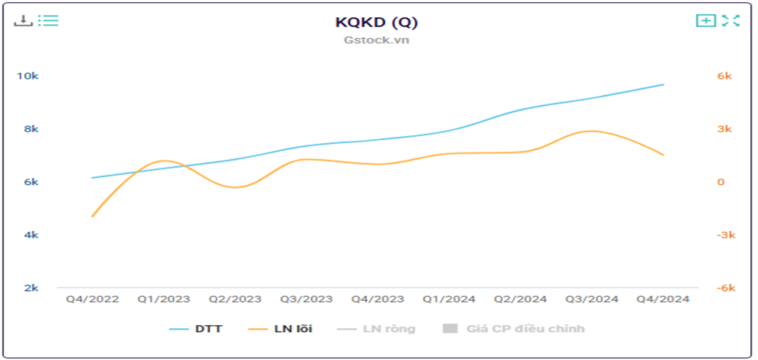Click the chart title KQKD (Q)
[x=376, y=22]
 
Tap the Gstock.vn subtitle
[x=376, y=40]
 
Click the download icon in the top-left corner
[x=23, y=20]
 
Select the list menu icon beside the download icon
[x=48, y=20]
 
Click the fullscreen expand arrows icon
[x=730, y=20]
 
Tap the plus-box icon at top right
[x=705, y=20]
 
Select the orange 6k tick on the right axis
[x=725, y=76]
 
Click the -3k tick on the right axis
[x=725, y=235]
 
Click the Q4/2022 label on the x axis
[x=92, y=299]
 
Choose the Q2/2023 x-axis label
[x=235, y=299]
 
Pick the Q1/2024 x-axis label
[x=449, y=299]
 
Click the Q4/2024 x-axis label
[x=663, y=299]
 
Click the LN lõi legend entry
[x=281, y=329]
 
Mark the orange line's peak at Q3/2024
[x=592, y=131]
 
